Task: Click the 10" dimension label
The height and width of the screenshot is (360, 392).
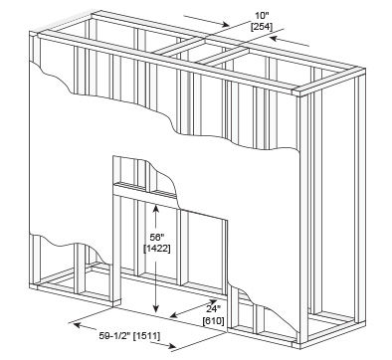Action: point(262,16)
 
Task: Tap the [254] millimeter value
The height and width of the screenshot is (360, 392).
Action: point(262,27)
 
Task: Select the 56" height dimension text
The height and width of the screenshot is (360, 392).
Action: point(157,238)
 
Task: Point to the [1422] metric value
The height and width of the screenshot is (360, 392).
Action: point(157,249)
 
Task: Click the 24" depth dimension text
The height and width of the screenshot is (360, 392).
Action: point(213,309)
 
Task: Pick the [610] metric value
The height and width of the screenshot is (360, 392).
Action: point(213,321)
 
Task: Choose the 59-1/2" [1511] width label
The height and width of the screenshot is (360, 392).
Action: point(129,336)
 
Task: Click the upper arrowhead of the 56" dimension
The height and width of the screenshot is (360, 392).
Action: point(156,209)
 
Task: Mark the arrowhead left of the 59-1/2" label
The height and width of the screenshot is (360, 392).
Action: point(77,325)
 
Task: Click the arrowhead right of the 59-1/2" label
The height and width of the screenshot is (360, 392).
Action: point(172,347)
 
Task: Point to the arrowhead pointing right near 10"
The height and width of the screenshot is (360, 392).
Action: point(226,24)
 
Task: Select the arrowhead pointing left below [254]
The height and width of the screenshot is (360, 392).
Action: point(274,39)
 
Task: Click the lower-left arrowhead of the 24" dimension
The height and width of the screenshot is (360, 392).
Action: point(174,314)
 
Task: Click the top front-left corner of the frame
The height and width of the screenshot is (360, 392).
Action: point(30,32)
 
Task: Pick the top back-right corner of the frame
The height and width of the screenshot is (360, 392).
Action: point(365,69)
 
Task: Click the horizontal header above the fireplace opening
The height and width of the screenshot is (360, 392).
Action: point(145,193)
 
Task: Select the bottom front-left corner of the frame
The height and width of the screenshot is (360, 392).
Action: point(30,288)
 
